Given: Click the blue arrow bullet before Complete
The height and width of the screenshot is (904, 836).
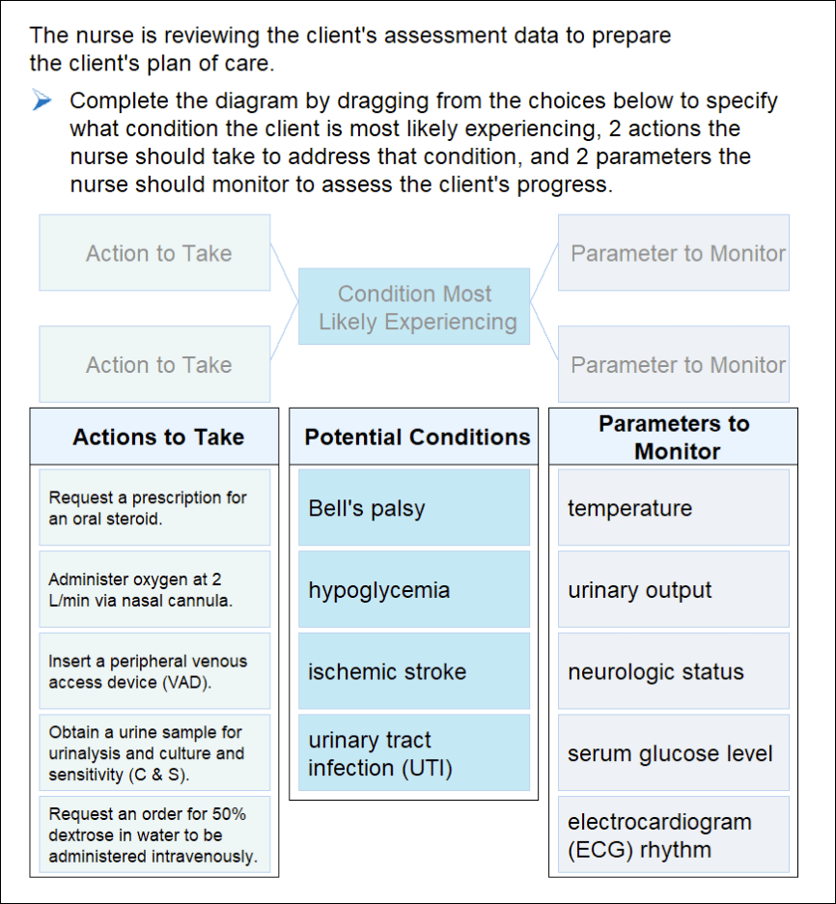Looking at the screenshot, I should click(x=42, y=101).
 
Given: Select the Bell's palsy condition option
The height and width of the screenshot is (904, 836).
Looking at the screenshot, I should click(x=414, y=508).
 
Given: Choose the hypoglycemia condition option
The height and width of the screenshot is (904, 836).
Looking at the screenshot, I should click(x=414, y=590).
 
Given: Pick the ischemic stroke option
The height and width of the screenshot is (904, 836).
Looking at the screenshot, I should click(x=414, y=671).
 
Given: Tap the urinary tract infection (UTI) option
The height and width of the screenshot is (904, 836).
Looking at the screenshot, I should click(x=414, y=753).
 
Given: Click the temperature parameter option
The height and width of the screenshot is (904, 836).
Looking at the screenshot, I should click(x=673, y=508).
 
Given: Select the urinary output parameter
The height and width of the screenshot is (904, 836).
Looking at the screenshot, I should click(x=673, y=590).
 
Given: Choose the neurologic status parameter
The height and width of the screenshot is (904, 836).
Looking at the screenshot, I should click(x=673, y=671).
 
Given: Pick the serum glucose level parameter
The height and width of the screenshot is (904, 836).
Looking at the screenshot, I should click(x=673, y=753).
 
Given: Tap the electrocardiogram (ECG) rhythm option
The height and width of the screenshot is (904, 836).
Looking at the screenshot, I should click(x=673, y=835).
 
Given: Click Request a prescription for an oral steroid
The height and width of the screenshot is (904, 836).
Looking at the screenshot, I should click(x=154, y=508).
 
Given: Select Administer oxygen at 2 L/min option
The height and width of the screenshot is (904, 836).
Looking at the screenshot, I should click(x=154, y=590).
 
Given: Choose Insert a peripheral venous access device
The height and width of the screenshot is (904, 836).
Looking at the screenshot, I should click(x=154, y=671).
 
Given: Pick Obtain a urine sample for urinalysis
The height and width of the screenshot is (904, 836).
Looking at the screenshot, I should click(x=154, y=753).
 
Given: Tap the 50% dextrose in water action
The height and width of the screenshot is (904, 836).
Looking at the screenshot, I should click(x=154, y=835).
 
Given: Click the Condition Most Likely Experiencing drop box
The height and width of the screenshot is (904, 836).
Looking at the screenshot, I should click(x=414, y=307).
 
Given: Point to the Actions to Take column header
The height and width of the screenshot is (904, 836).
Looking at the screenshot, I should click(x=157, y=438).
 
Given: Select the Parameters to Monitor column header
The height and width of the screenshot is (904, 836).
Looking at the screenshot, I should click(x=673, y=438).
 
